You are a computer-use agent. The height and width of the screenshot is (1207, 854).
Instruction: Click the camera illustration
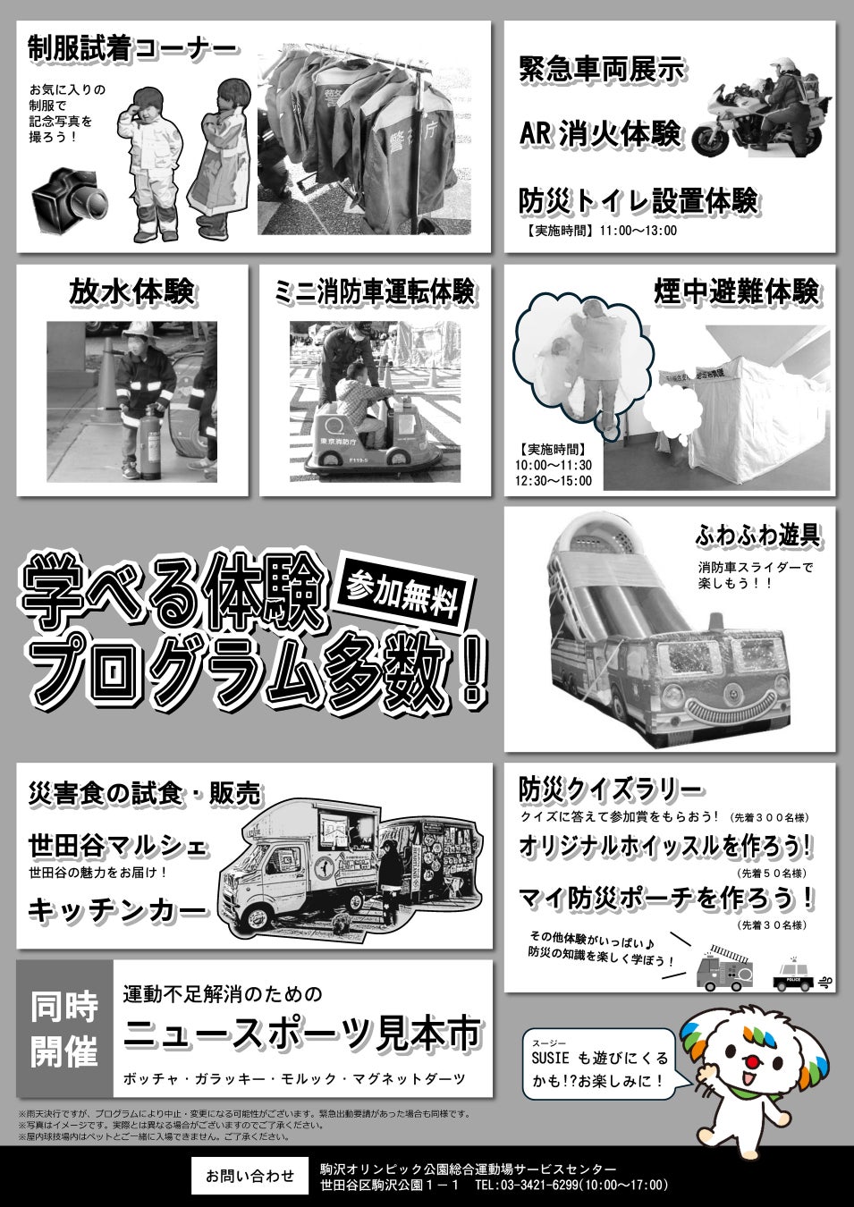click(70, 200)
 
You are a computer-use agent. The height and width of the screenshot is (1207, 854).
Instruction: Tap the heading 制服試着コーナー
click(132, 49)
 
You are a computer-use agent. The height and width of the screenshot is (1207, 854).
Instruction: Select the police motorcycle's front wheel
click(711, 139)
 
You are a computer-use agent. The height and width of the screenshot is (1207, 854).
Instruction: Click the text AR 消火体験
click(600, 133)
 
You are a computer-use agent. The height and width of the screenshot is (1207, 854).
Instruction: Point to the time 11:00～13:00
click(638, 231)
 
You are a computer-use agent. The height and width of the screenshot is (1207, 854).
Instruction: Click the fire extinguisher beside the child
click(152, 443)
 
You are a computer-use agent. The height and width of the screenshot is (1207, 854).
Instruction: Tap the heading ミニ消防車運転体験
click(375, 291)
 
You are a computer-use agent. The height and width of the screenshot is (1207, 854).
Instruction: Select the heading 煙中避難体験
click(736, 291)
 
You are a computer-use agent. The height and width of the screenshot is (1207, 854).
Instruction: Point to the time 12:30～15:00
click(554, 481)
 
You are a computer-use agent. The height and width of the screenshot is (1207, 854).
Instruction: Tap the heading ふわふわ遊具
click(757, 535)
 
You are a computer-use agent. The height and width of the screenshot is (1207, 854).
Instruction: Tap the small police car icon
click(792, 977)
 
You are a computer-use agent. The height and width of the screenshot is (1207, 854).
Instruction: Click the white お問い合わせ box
click(250, 1175)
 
